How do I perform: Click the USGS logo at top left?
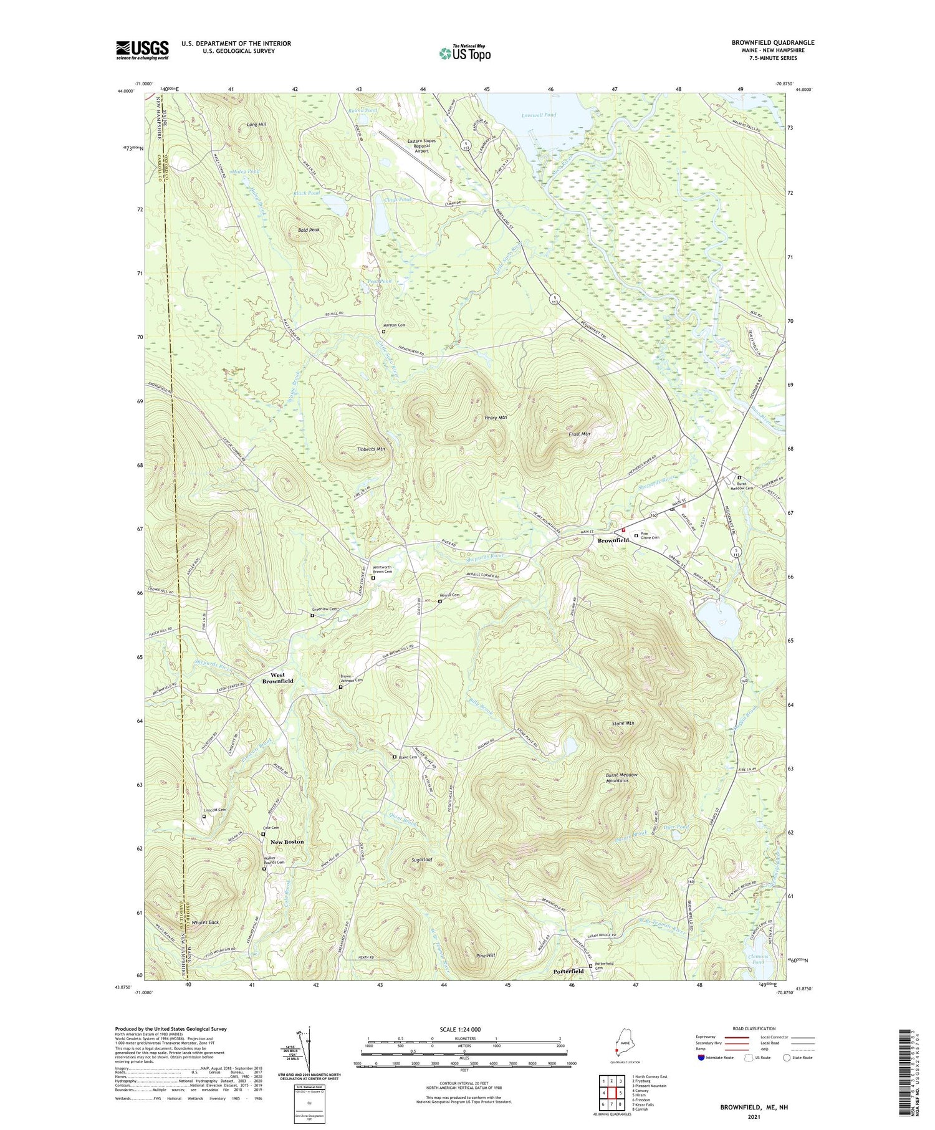coord(142,50)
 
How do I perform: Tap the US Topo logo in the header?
coord(464,53)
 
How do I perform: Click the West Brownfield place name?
coord(278,678)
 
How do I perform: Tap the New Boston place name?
coord(287,842)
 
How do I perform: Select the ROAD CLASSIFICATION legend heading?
coord(754,1029)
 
